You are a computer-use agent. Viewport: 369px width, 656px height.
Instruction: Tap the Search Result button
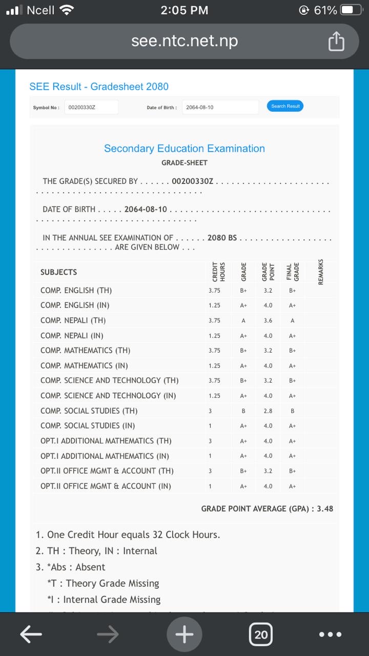285,106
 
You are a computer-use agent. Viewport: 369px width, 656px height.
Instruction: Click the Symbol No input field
92,107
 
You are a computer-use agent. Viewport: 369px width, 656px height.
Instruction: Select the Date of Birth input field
220,107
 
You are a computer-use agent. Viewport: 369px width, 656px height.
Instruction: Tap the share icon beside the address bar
336,42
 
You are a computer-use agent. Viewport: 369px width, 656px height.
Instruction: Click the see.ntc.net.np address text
184,41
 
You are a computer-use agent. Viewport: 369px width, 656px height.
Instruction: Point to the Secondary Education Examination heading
184,149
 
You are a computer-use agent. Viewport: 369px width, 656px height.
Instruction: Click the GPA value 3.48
325,509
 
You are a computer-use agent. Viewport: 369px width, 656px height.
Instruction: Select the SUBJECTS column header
58,272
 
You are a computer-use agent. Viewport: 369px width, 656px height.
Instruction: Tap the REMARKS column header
321,272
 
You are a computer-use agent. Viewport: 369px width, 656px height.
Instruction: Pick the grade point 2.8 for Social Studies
268,411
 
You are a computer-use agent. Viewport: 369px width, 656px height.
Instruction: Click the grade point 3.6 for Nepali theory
268,321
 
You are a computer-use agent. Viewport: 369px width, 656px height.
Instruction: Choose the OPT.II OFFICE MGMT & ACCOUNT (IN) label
106,486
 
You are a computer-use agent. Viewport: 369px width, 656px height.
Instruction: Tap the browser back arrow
31,634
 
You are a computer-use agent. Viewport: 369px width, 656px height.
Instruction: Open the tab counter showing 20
261,635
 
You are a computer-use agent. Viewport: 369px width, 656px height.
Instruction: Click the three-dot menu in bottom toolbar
330,634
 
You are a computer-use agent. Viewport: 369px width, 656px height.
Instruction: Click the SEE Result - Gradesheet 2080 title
99,87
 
